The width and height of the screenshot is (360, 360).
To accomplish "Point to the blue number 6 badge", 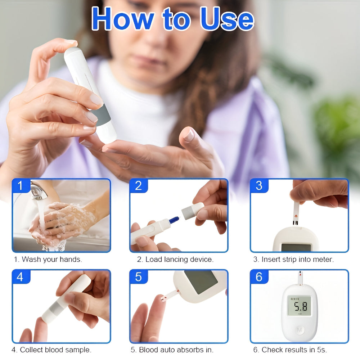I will (x=259, y=277).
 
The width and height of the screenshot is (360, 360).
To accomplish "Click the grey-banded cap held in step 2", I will (x=192, y=211).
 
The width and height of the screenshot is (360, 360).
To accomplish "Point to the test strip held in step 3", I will (x=296, y=213).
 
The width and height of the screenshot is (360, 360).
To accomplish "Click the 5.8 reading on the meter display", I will (x=299, y=307).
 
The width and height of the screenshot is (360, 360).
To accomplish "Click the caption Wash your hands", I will (x=48, y=259).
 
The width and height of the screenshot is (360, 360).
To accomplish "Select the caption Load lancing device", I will (x=175, y=259).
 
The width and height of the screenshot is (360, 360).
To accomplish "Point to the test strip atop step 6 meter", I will (x=300, y=278).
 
